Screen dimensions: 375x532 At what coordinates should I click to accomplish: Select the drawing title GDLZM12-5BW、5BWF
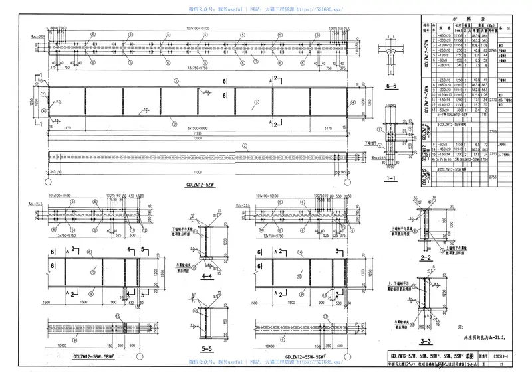point(87,357)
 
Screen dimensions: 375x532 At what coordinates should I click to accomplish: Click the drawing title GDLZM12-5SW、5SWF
point(303,357)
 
